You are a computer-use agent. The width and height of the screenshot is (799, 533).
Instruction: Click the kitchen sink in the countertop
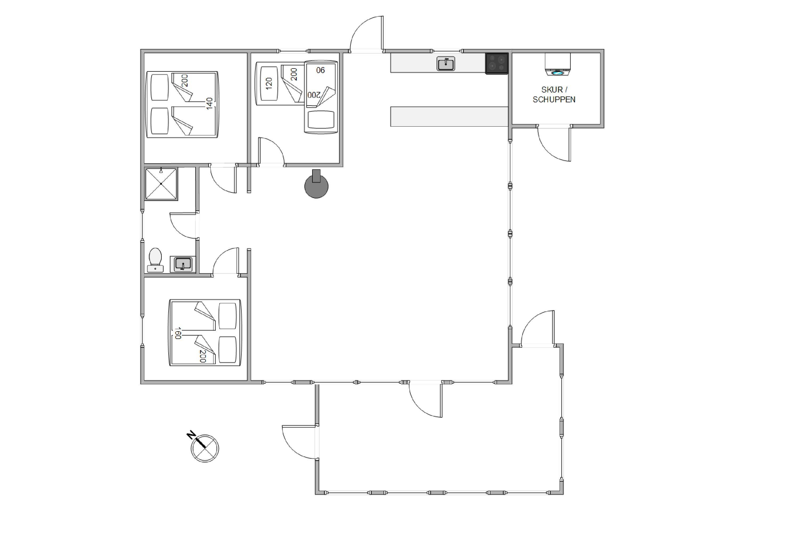(x=445, y=64)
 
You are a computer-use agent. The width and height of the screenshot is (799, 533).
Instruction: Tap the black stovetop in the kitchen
(x=497, y=63)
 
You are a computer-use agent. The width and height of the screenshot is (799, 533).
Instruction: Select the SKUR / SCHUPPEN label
(x=554, y=95)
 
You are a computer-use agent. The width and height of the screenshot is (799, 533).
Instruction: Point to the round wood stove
(x=316, y=185)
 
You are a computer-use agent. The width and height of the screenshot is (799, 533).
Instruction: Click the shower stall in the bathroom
(x=161, y=184)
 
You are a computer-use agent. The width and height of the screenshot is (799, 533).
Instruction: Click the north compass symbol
(x=205, y=448)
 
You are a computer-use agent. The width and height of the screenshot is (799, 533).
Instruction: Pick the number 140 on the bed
(x=209, y=103)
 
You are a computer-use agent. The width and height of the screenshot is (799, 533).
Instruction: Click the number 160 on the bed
(x=178, y=333)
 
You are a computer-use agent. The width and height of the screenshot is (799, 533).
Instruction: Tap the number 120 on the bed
(x=269, y=84)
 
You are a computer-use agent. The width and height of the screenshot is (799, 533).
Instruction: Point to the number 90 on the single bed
(x=320, y=70)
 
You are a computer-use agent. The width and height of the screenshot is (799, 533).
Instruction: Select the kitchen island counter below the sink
(x=449, y=117)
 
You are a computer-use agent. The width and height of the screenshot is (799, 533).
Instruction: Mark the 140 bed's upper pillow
(x=160, y=87)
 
